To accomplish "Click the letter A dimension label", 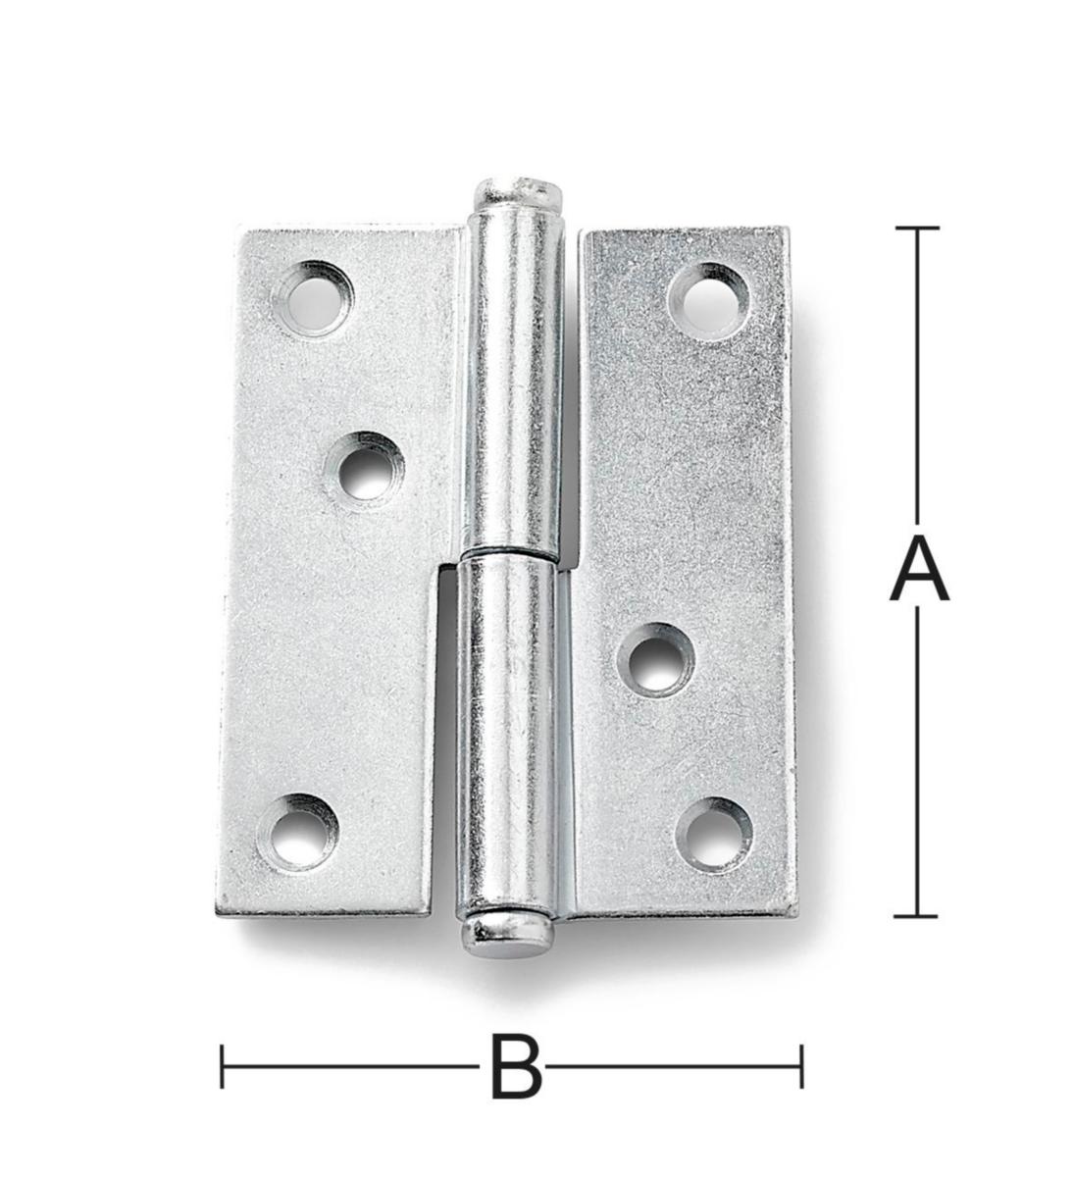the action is [x=919, y=571].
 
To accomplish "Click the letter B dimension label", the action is [x=516, y=1067].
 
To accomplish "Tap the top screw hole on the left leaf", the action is [x=313, y=299].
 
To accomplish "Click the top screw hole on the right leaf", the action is [x=710, y=301].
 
